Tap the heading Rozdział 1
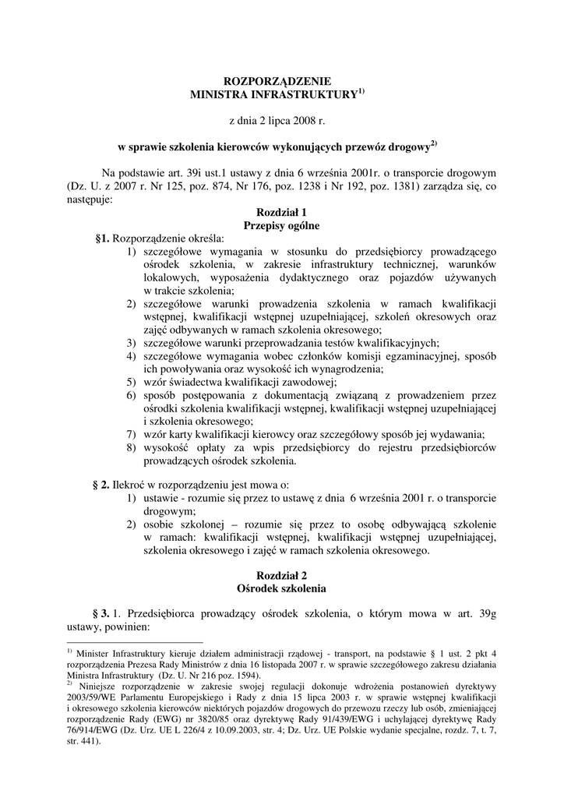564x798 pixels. [x=281, y=212]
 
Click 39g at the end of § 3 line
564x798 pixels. [x=485, y=613]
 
